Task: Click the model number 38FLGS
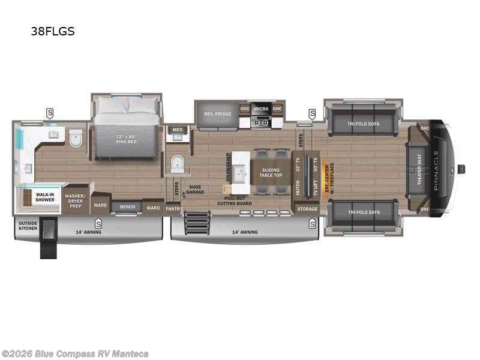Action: [53, 31]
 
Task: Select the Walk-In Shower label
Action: [26, 197]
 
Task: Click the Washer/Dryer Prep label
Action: [76, 199]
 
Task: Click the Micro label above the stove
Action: [260, 109]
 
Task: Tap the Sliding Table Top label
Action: [270, 173]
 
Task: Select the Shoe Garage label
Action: [196, 189]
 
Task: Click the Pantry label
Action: [173, 209]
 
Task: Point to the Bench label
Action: [127, 208]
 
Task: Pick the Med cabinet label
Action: [178, 130]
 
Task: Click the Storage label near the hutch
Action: [306, 209]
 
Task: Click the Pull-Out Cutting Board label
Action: [238, 200]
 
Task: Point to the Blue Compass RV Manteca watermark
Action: [75, 353]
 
